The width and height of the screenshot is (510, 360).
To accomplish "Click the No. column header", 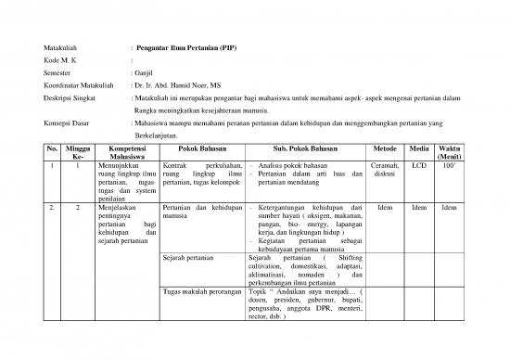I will (52, 153).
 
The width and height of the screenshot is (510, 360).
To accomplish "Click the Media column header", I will (418, 148).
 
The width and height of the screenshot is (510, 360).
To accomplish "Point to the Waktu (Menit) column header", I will (449, 153).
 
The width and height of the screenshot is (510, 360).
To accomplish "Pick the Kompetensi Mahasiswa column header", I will (127, 153).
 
